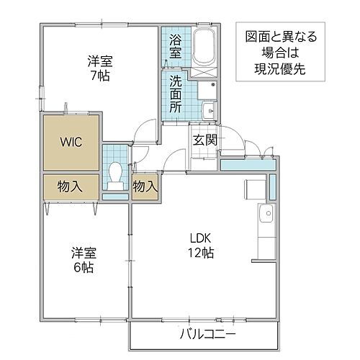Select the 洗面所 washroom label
tap(176, 94)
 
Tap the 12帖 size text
tap(201, 253)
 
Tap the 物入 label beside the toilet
tap(145, 186)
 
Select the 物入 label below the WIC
tap(70, 186)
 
